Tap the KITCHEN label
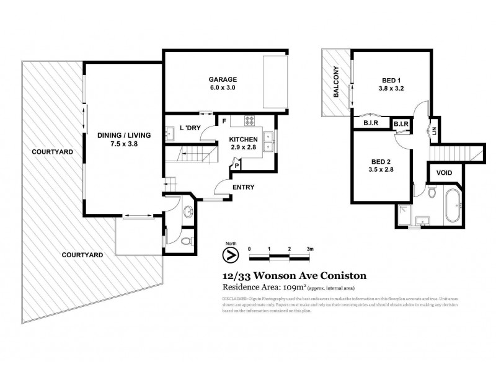244,139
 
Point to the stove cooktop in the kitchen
251,121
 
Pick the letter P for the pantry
237,166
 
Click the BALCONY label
335,82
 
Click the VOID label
444,173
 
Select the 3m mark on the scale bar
309,248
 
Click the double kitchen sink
268,142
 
